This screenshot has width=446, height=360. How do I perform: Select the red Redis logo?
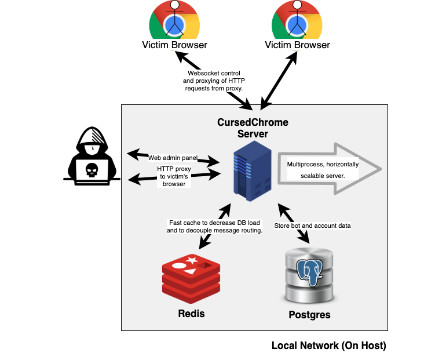tap(191, 278)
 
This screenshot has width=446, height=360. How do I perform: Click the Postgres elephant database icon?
tap(309, 275)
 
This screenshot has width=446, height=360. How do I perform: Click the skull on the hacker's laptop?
tap(92, 169)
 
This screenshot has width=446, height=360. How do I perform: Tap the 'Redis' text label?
tap(191, 314)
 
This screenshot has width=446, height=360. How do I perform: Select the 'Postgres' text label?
tap(309, 315)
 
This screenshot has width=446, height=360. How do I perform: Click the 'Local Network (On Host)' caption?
tap(328, 346)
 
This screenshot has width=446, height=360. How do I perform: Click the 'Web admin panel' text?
tap(173, 158)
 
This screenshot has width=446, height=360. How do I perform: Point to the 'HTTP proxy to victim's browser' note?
tap(173, 176)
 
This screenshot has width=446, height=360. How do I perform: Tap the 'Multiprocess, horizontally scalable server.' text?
tap(323, 170)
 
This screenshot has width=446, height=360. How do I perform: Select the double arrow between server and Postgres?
tap(294, 223)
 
